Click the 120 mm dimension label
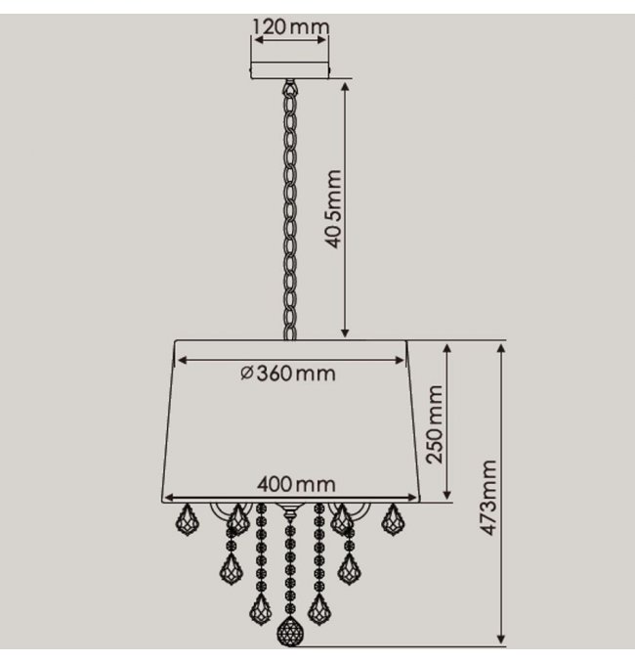coord(291,27)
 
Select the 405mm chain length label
coord(333,209)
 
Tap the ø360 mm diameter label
coord(288,374)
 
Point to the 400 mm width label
coord(297,484)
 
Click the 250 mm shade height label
coord(435,424)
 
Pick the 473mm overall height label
coord(489,498)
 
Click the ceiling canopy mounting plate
coord(291,70)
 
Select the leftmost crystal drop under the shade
coord(188,519)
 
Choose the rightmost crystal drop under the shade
coord(394,519)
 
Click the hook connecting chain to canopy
coord(290,87)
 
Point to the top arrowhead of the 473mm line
coord(501,348)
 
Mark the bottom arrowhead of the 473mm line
coord(501,640)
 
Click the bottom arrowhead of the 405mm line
coord(345,332)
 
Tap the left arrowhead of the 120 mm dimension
coord(258,40)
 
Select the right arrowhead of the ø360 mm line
coord(400,360)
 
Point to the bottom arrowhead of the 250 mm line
coord(447,495)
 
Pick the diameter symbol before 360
coord(247,374)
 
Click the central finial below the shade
coord(289,511)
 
